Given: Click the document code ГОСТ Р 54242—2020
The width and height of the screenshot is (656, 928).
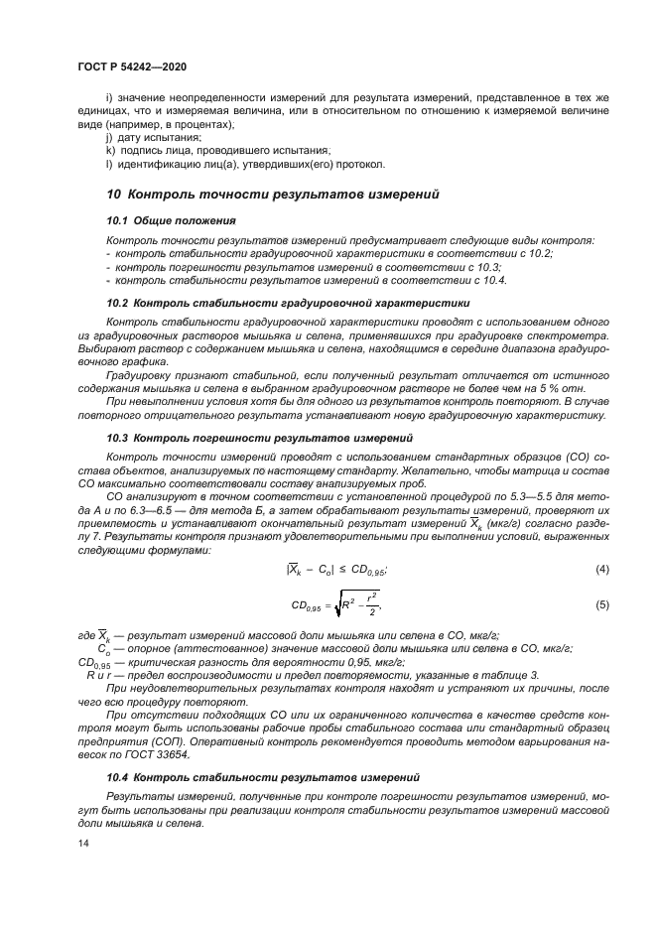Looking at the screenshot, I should point(132,66).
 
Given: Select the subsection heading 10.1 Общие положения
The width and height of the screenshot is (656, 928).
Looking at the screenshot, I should point(171,219).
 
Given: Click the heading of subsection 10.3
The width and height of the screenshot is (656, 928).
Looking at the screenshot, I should point(259,438).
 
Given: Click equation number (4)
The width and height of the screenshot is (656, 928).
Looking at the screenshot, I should point(600,569).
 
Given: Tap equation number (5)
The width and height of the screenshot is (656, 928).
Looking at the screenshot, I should point(600,604).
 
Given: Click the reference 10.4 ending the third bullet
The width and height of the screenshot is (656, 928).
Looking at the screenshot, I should point(493,281).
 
